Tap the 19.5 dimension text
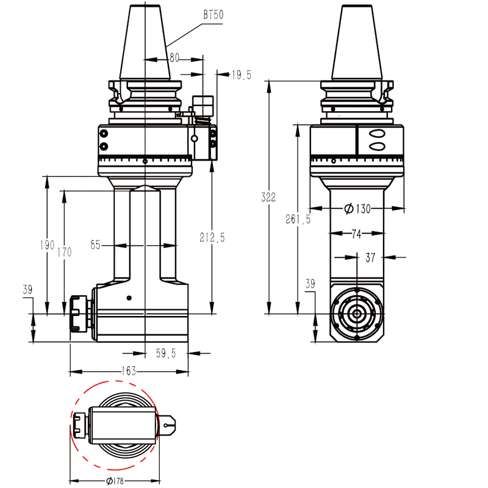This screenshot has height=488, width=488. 242,74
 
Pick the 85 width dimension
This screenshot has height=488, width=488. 95,245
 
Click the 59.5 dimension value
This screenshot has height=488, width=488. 166,353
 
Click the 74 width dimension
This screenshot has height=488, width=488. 357,233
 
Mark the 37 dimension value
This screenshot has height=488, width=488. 370,257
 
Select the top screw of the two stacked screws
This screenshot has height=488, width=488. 104,134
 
